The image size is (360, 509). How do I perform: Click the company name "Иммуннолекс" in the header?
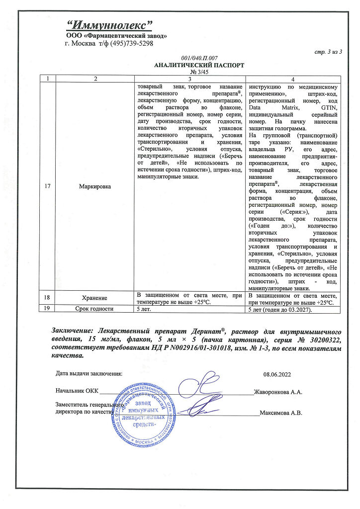pyautogui.click(x=109, y=25)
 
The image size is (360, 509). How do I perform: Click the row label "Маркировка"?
pyautogui.click(x=95, y=186)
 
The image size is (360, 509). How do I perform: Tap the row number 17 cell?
pyautogui.click(x=48, y=186)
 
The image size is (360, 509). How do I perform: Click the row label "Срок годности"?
pyautogui.click(x=95, y=309)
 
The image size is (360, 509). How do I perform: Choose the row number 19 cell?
pyautogui.click(x=48, y=309)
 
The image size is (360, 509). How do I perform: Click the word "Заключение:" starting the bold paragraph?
pyautogui.click(x=74, y=331)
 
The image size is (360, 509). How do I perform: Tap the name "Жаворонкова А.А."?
pyautogui.click(x=277, y=392)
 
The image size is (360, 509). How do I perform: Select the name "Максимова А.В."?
pyautogui.click(x=281, y=413)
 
